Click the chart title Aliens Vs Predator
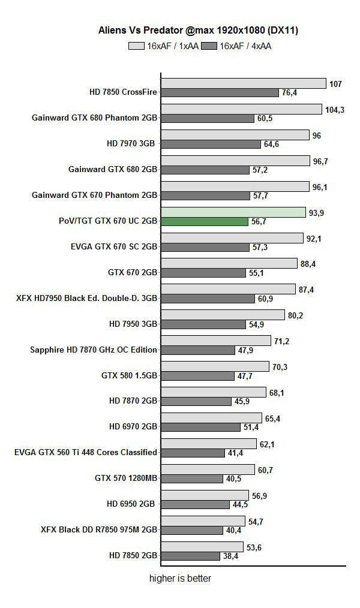[198, 29]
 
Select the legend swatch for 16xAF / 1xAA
[136, 46]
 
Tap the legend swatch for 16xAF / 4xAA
[209, 46]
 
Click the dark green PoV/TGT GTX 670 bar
[205, 221]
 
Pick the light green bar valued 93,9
[233, 212]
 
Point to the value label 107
[335, 84]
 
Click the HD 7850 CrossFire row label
[123, 92]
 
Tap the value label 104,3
[334, 110]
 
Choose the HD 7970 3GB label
[131, 144]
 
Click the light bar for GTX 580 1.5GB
[215, 367]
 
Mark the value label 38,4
[231, 556]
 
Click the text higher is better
[180, 579]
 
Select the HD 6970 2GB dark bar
[200, 428]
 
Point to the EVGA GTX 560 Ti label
[86, 452]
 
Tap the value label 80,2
[296, 315]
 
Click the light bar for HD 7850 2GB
[202, 547]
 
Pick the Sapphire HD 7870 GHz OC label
[94, 350]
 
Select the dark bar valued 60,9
[208, 299]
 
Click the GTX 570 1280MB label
[126, 478]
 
